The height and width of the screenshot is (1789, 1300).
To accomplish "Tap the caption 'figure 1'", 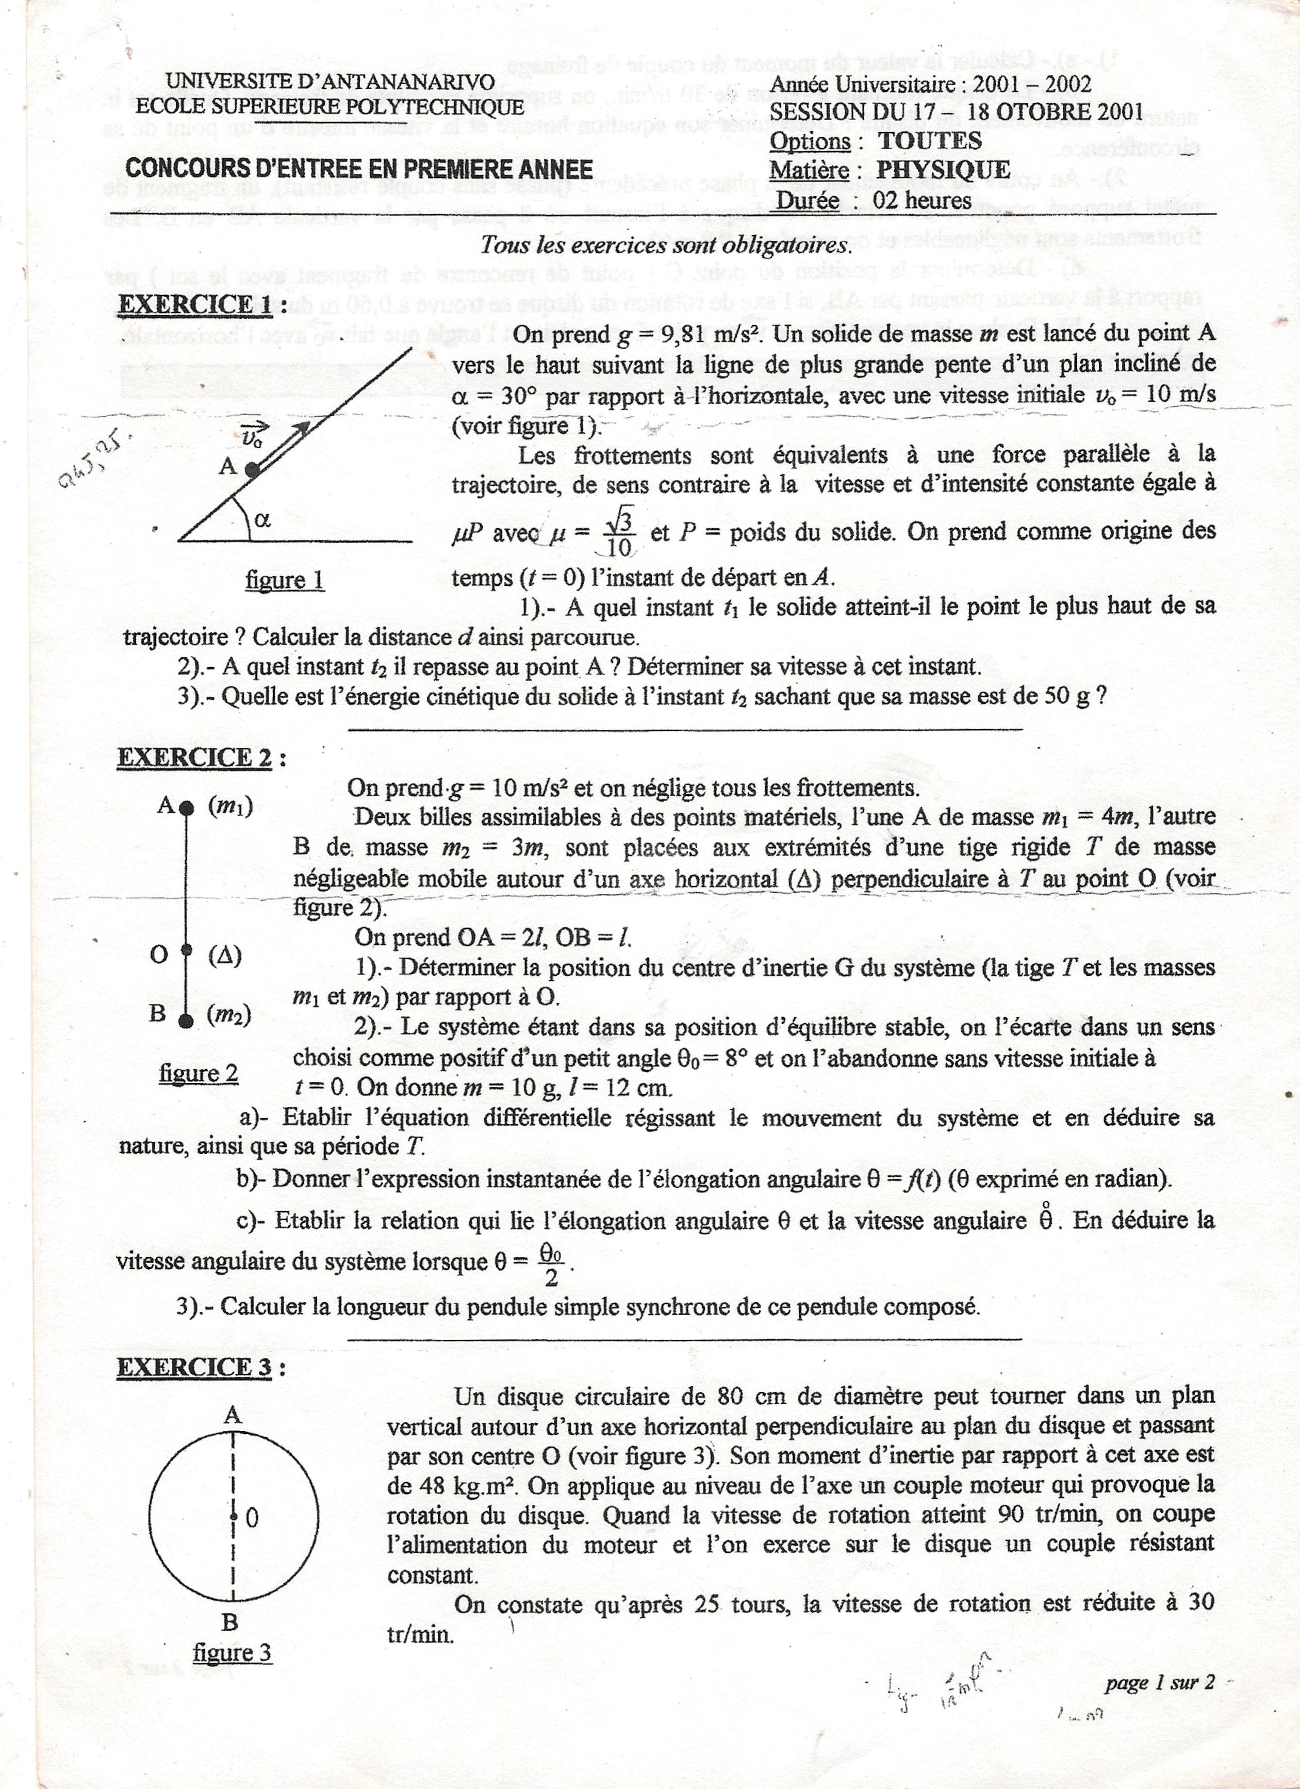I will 285,581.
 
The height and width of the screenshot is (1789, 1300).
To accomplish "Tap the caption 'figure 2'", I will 199,1074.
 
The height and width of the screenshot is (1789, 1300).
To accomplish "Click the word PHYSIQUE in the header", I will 944,170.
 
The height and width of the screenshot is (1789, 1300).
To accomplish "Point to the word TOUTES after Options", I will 930,141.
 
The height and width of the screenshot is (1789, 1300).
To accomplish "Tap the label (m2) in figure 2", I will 229,1016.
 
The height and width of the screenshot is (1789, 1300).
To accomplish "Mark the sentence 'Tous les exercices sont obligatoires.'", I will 667,245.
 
